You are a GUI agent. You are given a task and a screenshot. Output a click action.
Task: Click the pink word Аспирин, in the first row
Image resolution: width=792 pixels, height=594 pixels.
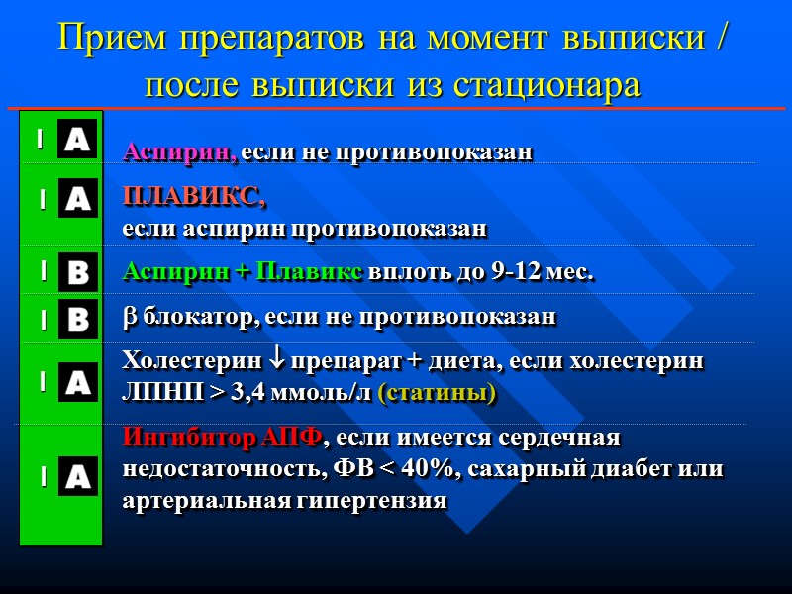(179, 152)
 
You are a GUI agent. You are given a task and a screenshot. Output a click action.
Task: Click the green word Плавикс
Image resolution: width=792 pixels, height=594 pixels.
(309, 272)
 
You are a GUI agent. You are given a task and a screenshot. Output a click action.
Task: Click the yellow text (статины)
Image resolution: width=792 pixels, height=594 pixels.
(438, 393)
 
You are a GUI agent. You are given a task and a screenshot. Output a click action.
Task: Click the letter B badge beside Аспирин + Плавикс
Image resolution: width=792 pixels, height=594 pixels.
(76, 272)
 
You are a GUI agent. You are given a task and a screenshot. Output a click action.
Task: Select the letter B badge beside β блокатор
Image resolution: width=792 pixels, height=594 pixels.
(76, 319)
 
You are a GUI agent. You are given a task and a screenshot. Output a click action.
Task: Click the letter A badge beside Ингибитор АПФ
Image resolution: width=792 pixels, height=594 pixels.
(76, 476)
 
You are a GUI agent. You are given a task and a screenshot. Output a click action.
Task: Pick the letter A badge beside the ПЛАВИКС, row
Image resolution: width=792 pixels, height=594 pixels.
(76, 198)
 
